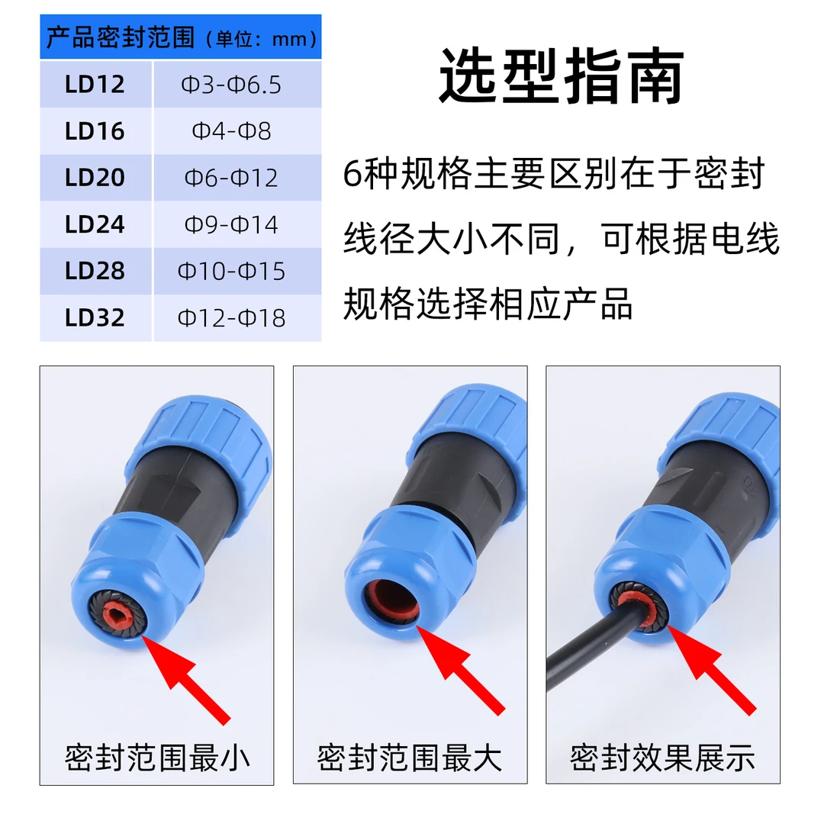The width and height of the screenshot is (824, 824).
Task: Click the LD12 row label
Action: click(95, 84)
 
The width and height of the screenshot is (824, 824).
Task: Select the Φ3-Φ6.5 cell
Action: click(231, 85)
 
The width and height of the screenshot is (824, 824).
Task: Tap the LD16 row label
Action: click(95, 131)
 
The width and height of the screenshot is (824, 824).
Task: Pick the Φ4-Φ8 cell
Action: click(231, 131)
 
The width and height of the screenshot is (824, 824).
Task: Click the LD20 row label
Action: click(95, 178)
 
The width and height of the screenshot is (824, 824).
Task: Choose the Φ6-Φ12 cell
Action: click(231, 178)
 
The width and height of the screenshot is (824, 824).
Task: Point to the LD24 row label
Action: click(95, 224)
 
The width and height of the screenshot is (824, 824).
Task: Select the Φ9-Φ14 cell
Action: click(231, 224)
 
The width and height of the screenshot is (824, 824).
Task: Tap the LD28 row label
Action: click(95, 271)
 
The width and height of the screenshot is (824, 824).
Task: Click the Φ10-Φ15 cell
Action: click(231, 271)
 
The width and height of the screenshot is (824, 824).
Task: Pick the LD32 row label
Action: click(95, 318)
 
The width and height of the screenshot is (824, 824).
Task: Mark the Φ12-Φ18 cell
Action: click(231, 318)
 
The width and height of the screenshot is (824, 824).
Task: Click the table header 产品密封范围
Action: click(121, 37)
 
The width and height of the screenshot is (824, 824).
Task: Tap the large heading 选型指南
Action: click(562, 76)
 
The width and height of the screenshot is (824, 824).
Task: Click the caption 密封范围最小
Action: click(156, 758)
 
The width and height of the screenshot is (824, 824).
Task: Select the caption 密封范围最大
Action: click(410, 758)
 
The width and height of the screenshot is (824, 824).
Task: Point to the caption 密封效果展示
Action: click(663, 758)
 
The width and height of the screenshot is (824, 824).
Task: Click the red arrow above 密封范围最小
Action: click(186, 680)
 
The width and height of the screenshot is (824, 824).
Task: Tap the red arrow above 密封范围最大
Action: click(461, 671)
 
